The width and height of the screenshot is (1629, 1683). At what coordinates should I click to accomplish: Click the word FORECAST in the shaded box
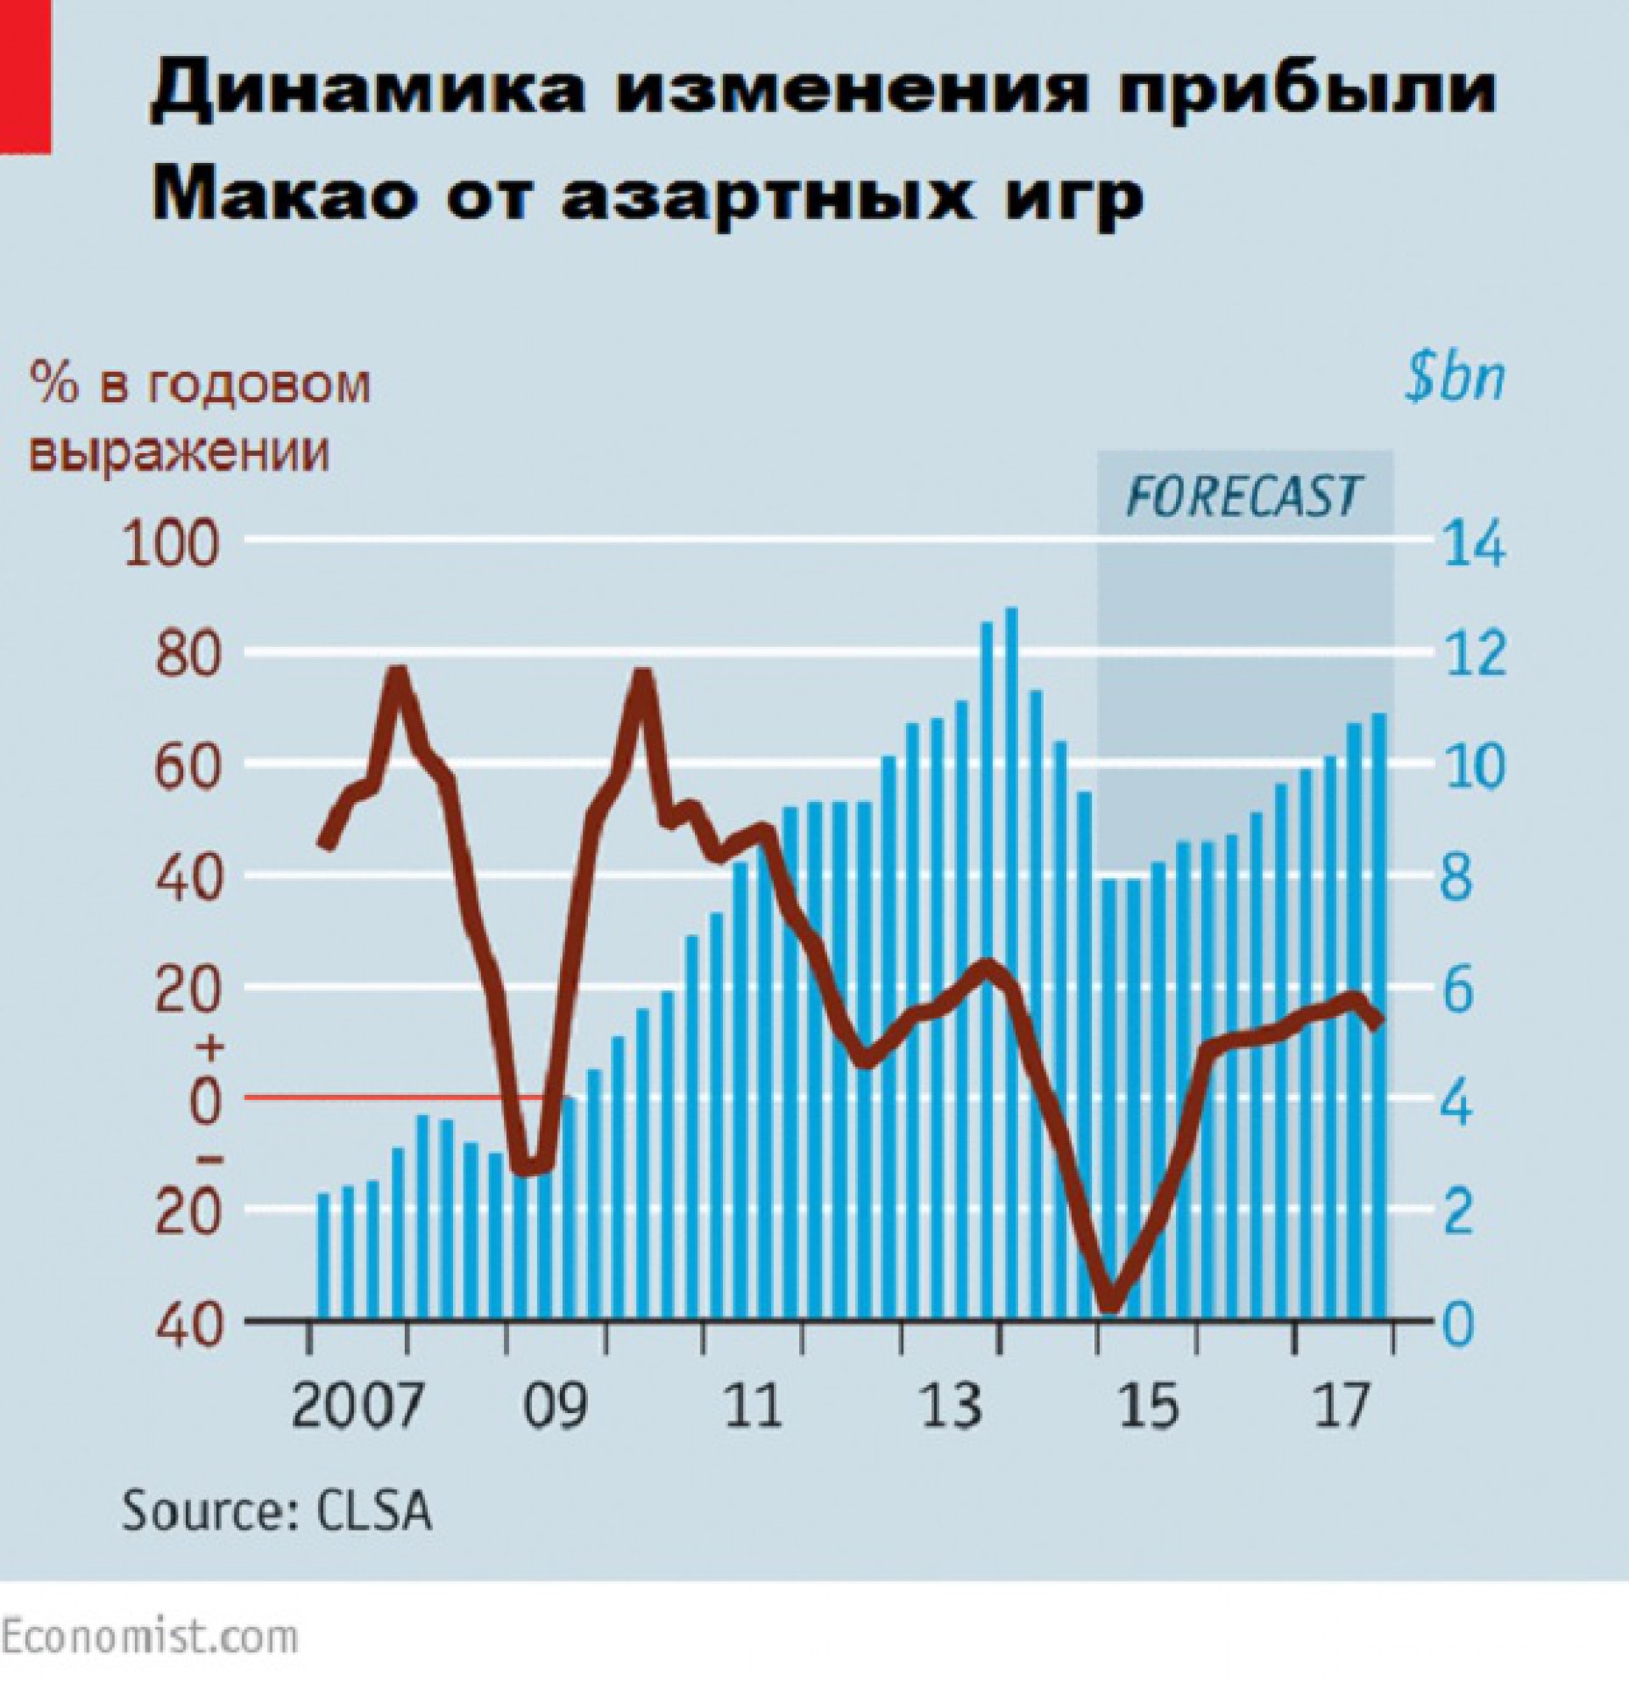pyautogui.click(x=1244, y=497)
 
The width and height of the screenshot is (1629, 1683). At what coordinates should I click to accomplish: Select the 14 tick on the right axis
pyautogui.click(x=1472, y=543)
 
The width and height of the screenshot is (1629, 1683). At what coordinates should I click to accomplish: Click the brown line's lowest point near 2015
pyautogui.click(x=1109, y=1303)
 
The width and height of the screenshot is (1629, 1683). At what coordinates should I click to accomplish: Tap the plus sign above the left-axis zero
pyautogui.click(x=214, y=1047)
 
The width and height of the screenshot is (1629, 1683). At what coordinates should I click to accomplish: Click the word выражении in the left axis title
pyautogui.click(x=180, y=454)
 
